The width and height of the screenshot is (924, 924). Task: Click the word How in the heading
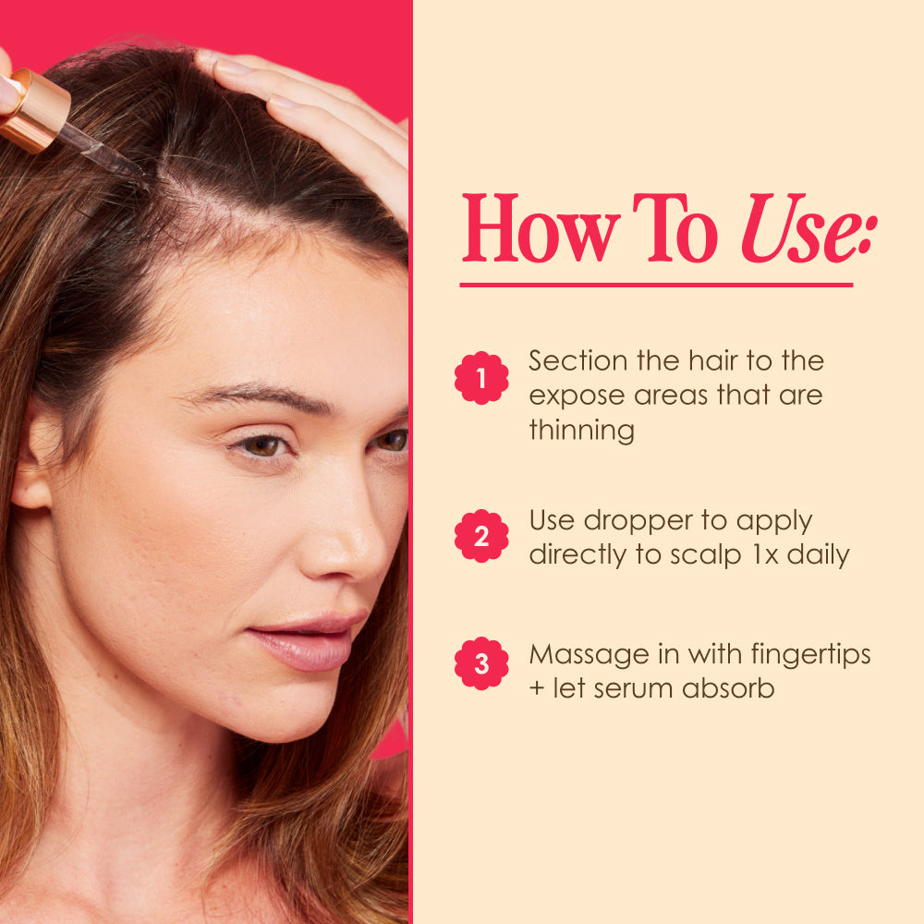(541, 228)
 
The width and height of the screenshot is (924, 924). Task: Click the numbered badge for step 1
(481, 378)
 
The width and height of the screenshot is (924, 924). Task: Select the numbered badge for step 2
(481, 536)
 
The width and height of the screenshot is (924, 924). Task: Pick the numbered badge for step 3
(481, 663)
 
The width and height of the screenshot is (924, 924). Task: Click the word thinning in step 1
(581, 430)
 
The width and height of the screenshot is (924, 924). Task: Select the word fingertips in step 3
(810, 655)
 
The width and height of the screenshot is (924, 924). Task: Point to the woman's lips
(307, 641)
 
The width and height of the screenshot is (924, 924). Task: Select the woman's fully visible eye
(262, 446)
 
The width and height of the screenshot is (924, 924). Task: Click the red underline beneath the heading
(656, 286)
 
